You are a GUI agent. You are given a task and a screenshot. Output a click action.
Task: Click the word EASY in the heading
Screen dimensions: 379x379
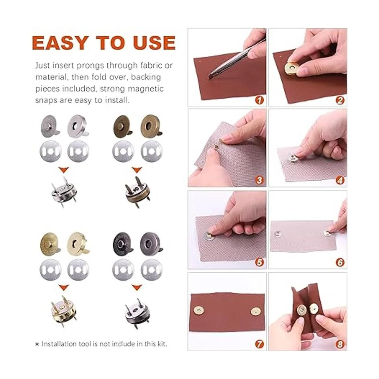[x=59, y=43]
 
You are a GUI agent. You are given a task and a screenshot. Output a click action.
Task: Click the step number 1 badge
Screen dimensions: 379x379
[x=259, y=100]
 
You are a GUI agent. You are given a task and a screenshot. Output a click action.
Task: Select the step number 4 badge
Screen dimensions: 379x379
[x=340, y=180]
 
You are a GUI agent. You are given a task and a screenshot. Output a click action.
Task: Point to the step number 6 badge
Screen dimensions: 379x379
[x=340, y=262]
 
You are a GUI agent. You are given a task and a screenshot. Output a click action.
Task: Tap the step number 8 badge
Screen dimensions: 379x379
[x=340, y=344]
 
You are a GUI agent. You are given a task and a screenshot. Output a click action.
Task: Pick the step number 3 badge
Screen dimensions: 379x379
[x=259, y=180]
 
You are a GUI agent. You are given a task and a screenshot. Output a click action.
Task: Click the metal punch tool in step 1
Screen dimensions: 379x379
[x=236, y=59]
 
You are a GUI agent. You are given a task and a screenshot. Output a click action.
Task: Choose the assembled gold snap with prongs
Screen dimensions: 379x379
[x=63, y=311]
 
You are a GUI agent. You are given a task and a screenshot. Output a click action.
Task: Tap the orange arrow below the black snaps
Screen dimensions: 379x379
[x=137, y=288]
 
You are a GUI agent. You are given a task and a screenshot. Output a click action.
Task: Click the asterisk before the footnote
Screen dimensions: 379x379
[x=37, y=344]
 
